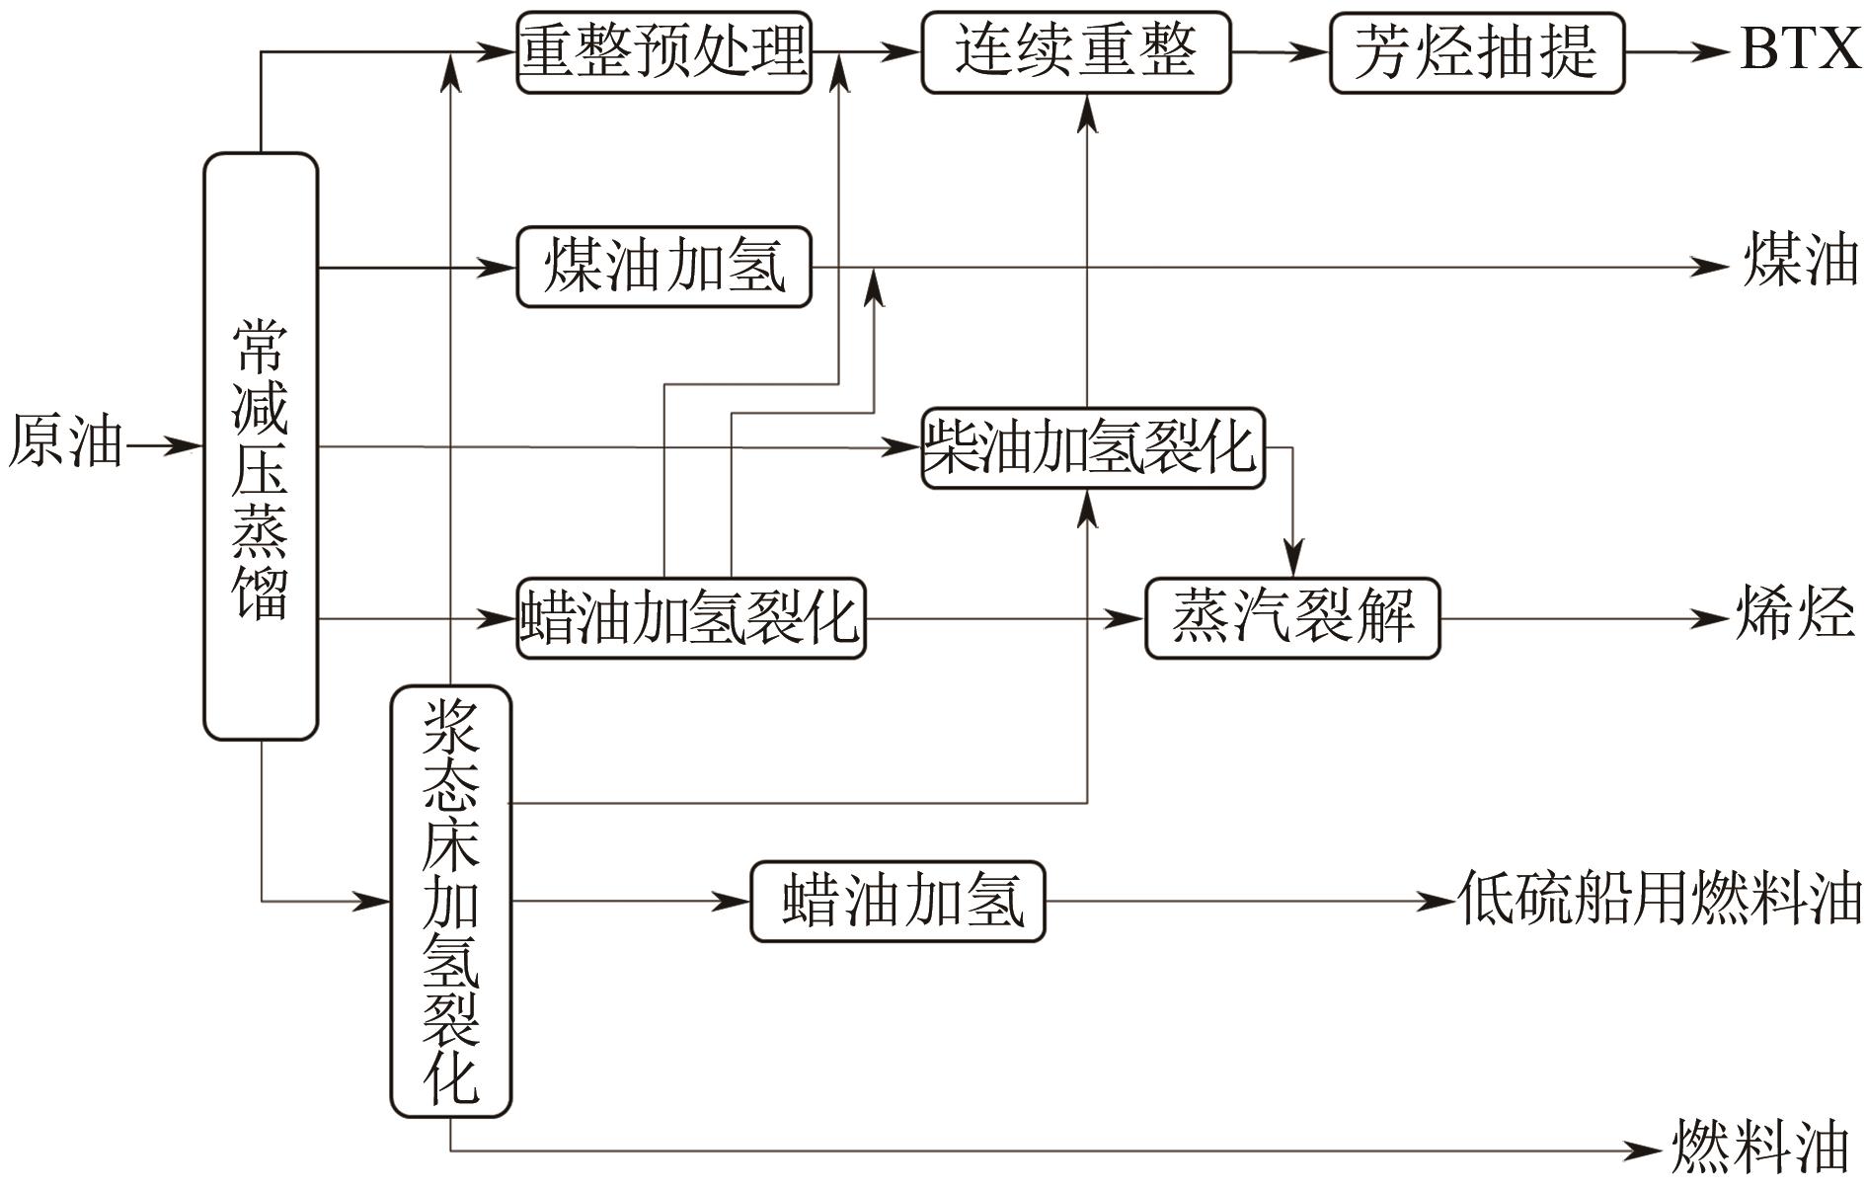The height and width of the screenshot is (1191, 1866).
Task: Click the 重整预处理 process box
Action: (x=663, y=52)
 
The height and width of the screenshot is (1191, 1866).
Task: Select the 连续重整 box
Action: (x=1075, y=52)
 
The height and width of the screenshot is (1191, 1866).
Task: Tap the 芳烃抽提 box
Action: (x=1475, y=52)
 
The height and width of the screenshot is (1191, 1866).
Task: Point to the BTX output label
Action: (x=1799, y=49)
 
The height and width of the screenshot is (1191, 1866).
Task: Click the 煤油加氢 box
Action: (x=663, y=267)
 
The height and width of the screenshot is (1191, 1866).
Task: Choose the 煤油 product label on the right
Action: (x=1800, y=263)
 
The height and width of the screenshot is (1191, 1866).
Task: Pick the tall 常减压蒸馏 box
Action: (x=261, y=445)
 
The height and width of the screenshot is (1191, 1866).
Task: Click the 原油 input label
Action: (x=65, y=441)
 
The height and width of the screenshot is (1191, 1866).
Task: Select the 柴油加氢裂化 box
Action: (x=1092, y=448)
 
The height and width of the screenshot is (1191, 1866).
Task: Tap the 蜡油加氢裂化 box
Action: (x=690, y=619)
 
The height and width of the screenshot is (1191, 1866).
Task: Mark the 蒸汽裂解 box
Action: (x=1291, y=619)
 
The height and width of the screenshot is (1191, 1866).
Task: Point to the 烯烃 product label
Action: (x=1796, y=615)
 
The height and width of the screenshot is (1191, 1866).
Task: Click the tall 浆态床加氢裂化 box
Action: (x=451, y=901)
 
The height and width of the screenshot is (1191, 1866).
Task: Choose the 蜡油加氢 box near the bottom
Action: (x=897, y=901)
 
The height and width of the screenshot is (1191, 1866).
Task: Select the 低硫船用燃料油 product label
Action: (x=1660, y=899)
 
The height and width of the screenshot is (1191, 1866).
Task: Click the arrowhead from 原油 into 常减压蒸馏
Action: (x=188, y=446)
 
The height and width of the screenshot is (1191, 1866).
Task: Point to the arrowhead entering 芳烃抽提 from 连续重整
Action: (x=1313, y=52)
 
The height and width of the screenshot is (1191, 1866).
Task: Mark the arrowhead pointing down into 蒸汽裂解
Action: (x=1293, y=561)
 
